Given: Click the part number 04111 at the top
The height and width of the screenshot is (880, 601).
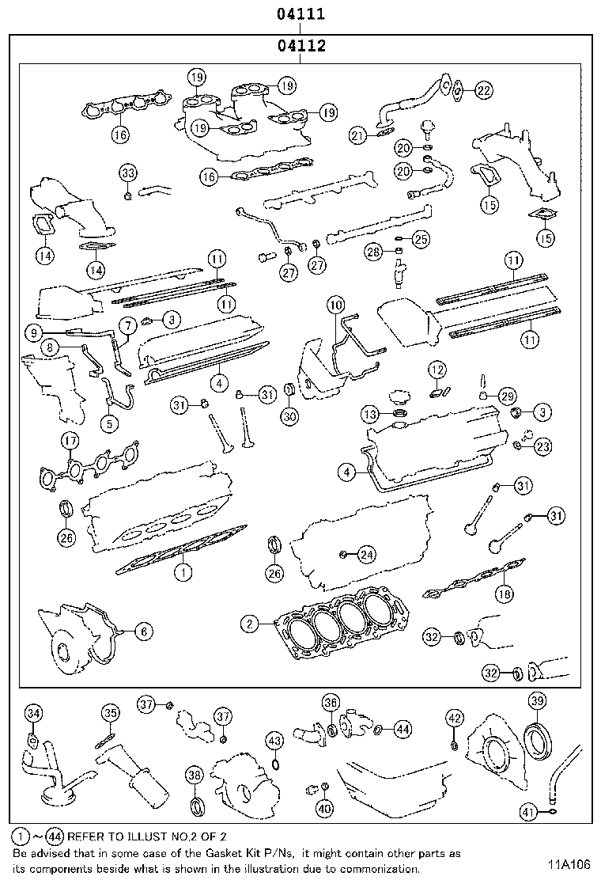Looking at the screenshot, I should (300, 14).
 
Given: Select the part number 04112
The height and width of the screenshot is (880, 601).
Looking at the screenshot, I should (301, 46).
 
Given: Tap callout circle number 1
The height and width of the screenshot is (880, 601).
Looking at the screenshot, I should (182, 570).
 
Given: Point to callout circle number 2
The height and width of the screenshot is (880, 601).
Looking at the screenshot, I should (250, 624).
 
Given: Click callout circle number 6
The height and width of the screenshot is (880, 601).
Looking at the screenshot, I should (142, 631).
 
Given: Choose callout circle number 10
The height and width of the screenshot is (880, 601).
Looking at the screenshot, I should (335, 304).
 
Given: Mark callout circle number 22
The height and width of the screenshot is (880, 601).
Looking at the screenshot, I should (483, 91).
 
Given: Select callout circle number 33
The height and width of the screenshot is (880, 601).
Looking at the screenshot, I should (128, 173).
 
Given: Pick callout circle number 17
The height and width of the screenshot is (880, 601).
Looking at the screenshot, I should (70, 442).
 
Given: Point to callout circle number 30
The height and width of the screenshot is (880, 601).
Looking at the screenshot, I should (289, 417).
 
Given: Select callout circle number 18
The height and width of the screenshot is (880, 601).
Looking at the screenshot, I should (504, 594).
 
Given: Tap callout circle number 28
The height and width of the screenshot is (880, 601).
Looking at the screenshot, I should (373, 252).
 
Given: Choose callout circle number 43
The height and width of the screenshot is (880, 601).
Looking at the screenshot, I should (274, 740).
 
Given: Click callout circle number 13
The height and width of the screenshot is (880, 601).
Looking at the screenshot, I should (371, 414).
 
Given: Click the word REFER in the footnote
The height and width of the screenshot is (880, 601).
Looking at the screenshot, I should (87, 836).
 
